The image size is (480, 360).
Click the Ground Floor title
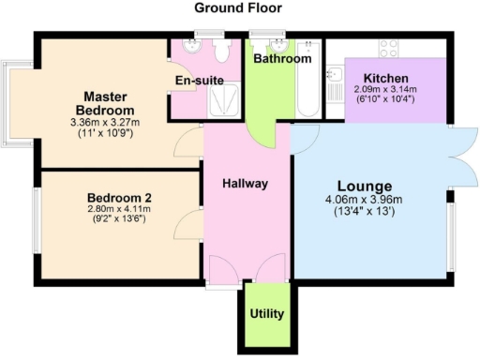point(239,7)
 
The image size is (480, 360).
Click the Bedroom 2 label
point(119,198)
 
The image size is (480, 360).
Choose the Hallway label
point(246,184)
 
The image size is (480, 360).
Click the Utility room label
point(267,313)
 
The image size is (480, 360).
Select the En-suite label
point(200,81)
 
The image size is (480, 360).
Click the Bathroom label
point(282,58)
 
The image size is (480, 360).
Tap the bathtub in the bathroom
point(307,89)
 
